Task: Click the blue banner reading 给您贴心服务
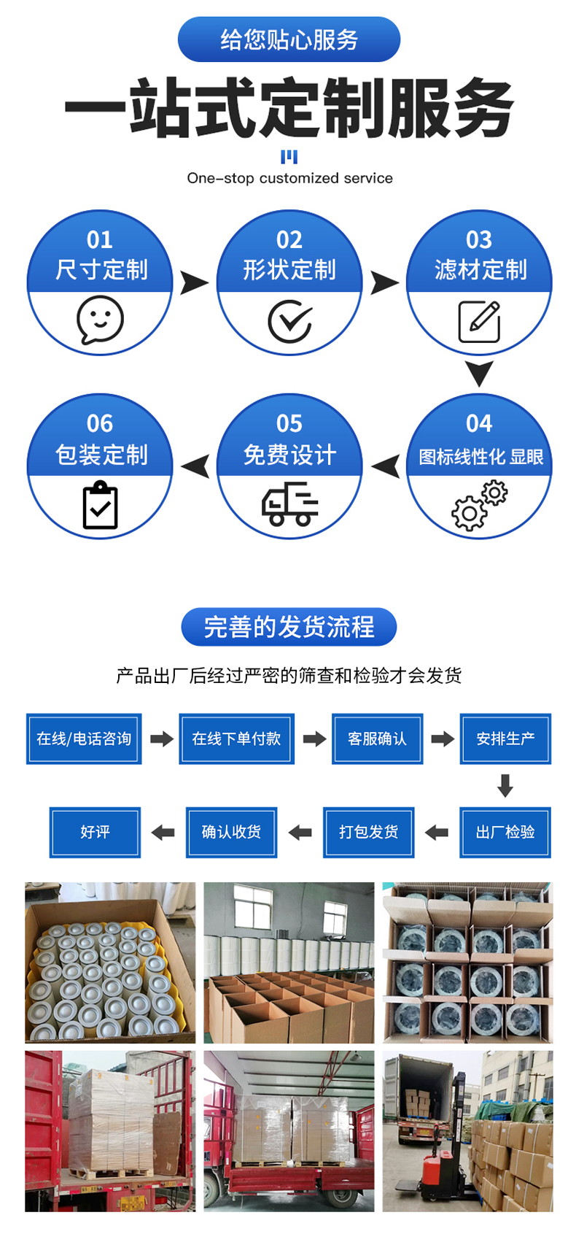[x=289, y=39]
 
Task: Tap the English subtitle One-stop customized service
[x=289, y=178]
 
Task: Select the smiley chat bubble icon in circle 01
[x=100, y=319]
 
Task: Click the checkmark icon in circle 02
[x=289, y=320]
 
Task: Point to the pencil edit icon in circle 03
[x=479, y=321]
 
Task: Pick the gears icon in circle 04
[x=479, y=504]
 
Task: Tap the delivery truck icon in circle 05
[x=289, y=505]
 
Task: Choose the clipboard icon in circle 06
[x=100, y=505]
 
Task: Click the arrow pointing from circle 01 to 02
[x=194, y=282]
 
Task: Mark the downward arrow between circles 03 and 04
[x=479, y=373]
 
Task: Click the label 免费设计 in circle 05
[x=289, y=455]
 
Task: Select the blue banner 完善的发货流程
[x=289, y=627]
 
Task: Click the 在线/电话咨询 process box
[x=84, y=739]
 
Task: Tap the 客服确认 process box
[x=377, y=739]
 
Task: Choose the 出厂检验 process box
[x=505, y=832]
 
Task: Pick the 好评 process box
[x=95, y=832]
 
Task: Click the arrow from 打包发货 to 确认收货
[x=300, y=832]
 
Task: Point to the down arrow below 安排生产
[x=505, y=785]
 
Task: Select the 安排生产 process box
[x=505, y=739]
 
